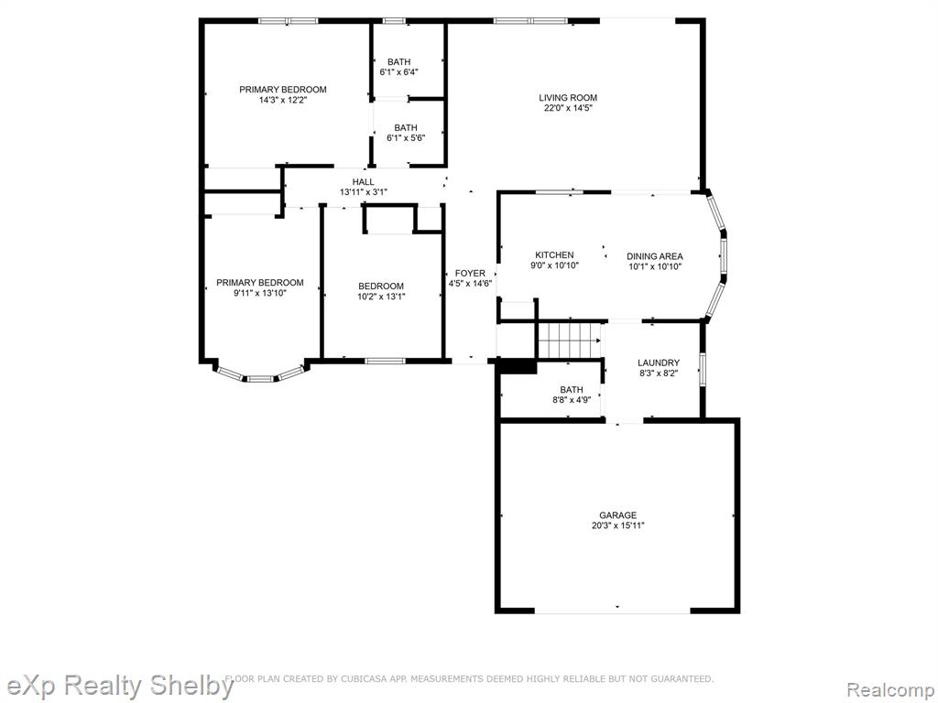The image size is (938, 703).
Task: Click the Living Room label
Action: pyautogui.click(x=568, y=97)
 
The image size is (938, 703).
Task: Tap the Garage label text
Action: pyautogui.click(x=618, y=514)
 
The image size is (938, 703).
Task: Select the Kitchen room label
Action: pyautogui.click(x=554, y=254)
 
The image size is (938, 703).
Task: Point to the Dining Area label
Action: pyautogui.click(x=654, y=256)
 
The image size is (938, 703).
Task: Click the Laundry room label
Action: pyautogui.click(x=658, y=362)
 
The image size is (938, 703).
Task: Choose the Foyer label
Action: pyautogui.click(x=470, y=273)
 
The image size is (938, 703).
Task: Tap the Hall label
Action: pyautogui.click(x=363, y=182)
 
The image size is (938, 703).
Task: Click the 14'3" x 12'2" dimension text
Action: pyautogui.click(x=283, y=100)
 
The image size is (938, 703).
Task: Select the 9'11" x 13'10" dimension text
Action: pyautogui.click(x=260, y=293)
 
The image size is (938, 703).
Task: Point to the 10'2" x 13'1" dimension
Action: pyautogui.click(x=382, y=296)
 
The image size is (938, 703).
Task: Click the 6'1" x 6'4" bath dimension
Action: pyautogui.click(x=399, y=71)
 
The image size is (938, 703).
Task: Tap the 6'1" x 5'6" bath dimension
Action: pyautogui.click(x=406, y=138)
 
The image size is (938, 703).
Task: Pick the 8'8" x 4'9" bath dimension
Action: pyautogui.click(x=572, y=400)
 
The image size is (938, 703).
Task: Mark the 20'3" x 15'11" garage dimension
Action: pyautogui.click(x=618, y=525)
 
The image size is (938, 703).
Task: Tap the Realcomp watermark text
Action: pyautogui.click(x=889, y=689)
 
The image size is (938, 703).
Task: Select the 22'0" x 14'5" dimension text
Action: pyautogui.click(x=568, y=108)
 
